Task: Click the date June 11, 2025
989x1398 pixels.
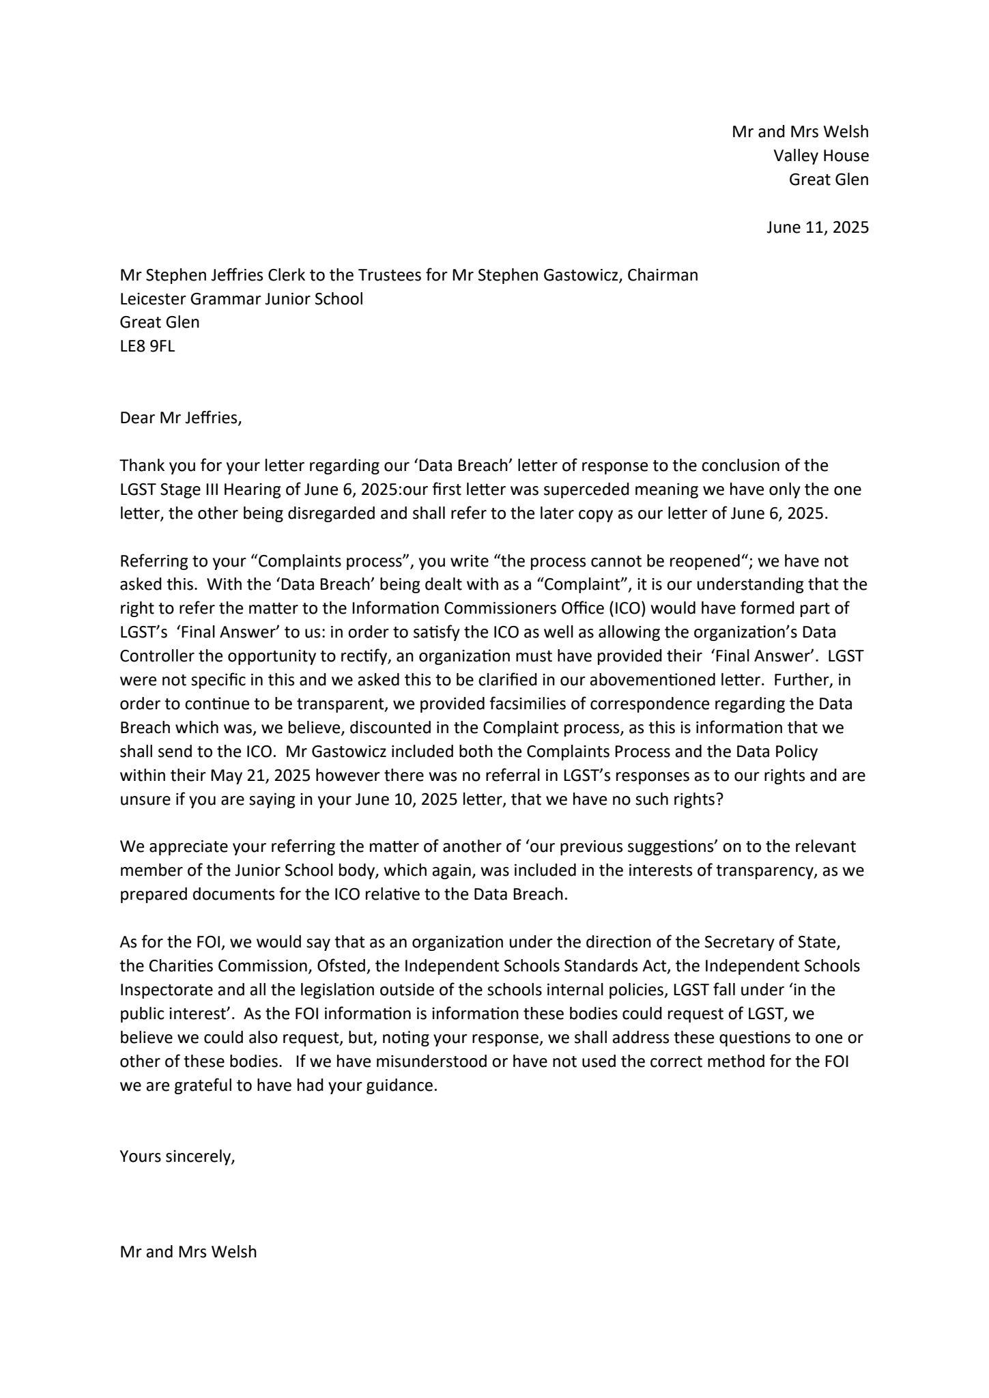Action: [x=817, y=227]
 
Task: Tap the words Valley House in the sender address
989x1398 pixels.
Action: [x=821, y=156]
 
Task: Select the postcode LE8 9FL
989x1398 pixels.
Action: [x=147, y=346]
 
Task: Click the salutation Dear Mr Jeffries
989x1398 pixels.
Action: [x=181, y=418]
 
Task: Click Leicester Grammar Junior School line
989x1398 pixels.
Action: [x=241, y=299]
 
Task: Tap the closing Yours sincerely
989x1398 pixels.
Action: [x=177, y=1156]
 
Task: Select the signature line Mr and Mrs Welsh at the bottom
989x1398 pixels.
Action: [x=188, y=1251]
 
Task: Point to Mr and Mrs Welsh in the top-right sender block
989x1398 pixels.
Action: [x=800, y=132]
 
